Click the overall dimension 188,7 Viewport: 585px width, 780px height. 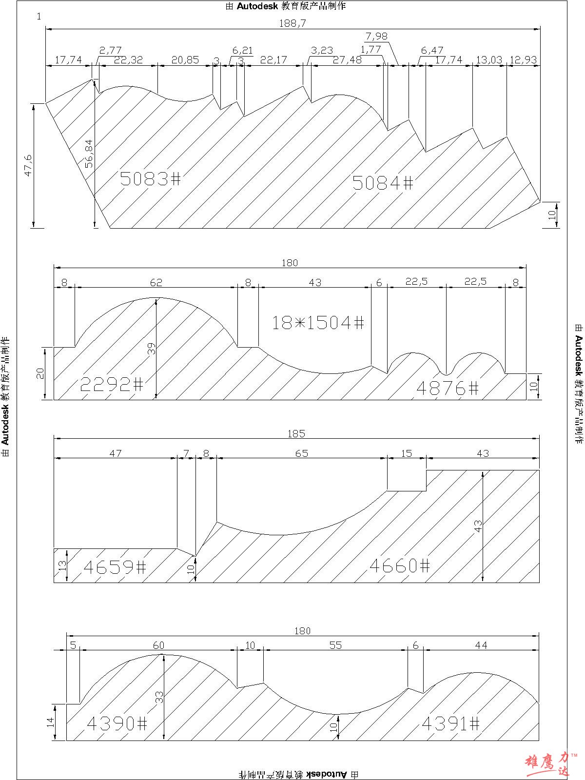292,23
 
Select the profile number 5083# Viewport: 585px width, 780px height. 151,178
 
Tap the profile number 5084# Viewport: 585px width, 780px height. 383,183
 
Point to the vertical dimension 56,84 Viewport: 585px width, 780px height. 89,154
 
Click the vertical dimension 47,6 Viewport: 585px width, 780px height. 28,165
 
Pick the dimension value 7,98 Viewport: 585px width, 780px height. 376,36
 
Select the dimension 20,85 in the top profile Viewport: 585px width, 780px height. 185,59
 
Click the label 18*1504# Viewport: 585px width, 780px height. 318,323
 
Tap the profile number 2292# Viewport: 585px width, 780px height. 112,384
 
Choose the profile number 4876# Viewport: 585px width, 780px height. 448,388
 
